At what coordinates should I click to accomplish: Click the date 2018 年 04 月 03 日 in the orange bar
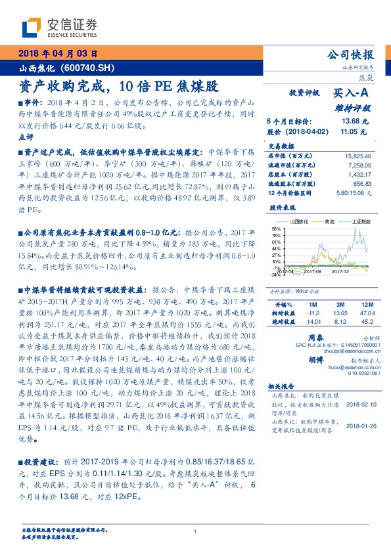click(x=58, y=55)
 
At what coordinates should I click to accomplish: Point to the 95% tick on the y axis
click(x=276, y=229)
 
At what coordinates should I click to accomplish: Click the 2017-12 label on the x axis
click(x=340, y=270)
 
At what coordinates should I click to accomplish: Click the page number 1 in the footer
click(x=196, y=532)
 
